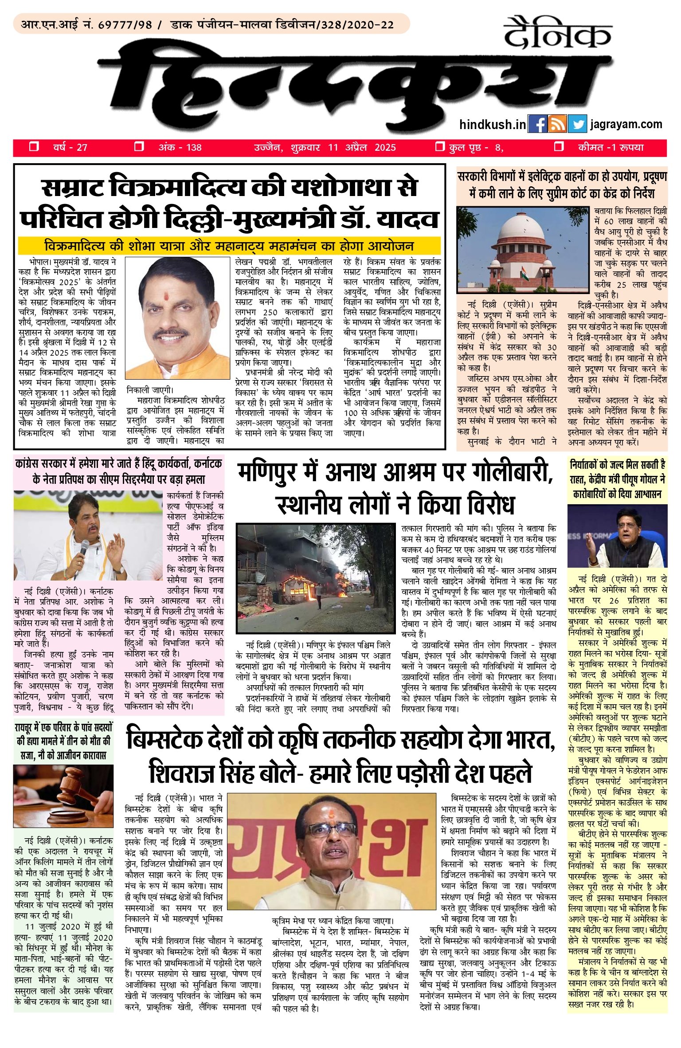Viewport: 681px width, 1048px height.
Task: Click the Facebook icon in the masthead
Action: pyautogui.click(x=537, y=124)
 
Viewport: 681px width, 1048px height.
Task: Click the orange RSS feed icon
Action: pyautogui.click(x=557, y=124)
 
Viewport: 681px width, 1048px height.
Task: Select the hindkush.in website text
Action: pyautogui.click(x=493, y=124)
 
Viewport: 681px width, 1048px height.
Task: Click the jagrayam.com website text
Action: pyautogui.click(x=626, y=124)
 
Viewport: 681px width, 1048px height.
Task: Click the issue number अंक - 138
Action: pyautogui.click(x=180, y=147)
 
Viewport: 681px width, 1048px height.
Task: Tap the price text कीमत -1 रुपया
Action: pyautogui.click(x=611, y=147)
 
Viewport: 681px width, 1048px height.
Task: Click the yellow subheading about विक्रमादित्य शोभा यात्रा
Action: pyautogui.click(x=229, y=245)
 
